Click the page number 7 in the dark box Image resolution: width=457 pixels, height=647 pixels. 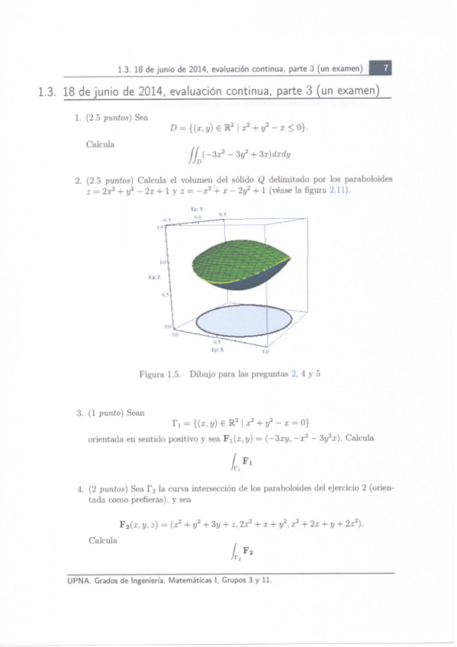(x=387, y=69)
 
